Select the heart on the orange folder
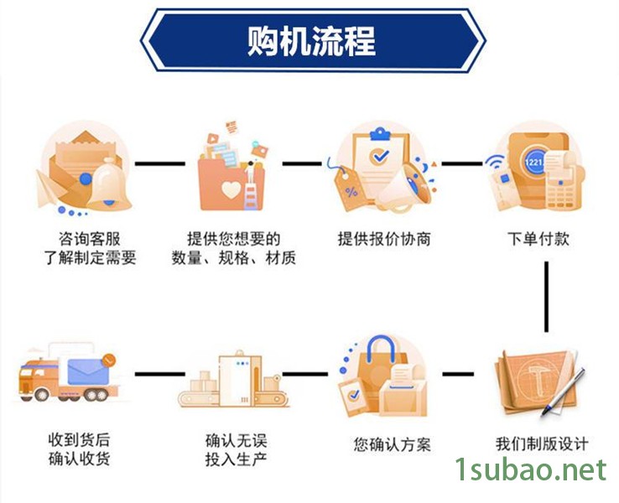pyautogui.click(x=231, y=190)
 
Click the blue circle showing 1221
pyautogui.click(x=533, y=160)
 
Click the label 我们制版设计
pyautogui.click(x=541, y=443)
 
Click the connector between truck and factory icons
pyautogui.click(x=159, y=374)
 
